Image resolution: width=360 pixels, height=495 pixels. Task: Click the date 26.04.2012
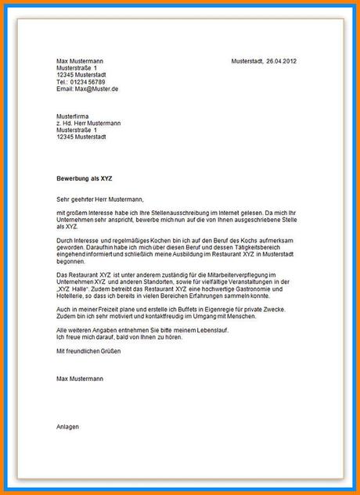282,61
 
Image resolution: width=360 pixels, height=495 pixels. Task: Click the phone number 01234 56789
88,82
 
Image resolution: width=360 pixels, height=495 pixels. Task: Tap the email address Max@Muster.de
96,89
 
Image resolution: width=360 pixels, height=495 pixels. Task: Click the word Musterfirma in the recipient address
73,116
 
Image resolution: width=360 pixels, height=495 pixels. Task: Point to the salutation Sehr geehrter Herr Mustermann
101,199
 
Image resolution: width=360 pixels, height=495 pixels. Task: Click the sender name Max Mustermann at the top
80,61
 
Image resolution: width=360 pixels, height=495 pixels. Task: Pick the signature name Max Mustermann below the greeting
80,378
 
